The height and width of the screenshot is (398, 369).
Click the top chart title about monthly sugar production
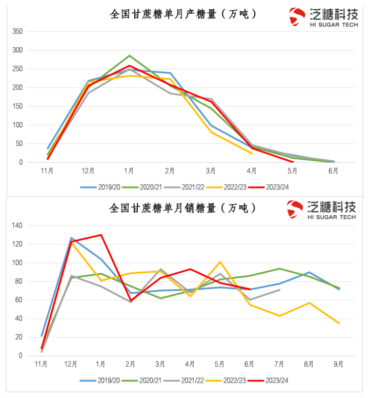click(183, 14)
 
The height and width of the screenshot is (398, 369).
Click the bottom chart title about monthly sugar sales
click(183, 208)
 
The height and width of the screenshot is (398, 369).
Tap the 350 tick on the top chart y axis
click(17, 31)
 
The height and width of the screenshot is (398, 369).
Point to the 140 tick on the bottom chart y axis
click(17, 225)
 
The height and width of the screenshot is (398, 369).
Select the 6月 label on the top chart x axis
click(334, 171)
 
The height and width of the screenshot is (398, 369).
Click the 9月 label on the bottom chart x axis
click(339, 364)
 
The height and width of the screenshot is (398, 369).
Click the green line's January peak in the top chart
click(129, 55)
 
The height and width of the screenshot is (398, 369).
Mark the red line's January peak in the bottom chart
click(101, 235)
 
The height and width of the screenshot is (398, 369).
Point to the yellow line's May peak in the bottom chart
click(220, 262)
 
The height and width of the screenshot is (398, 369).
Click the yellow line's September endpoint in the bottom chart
click(339, 323)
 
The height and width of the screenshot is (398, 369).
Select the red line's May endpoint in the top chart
click(293, 162)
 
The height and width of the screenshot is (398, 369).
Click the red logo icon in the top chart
click(297, 16)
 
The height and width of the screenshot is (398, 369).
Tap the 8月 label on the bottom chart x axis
click(309, 364)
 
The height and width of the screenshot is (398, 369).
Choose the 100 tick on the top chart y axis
click(17, 125)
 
